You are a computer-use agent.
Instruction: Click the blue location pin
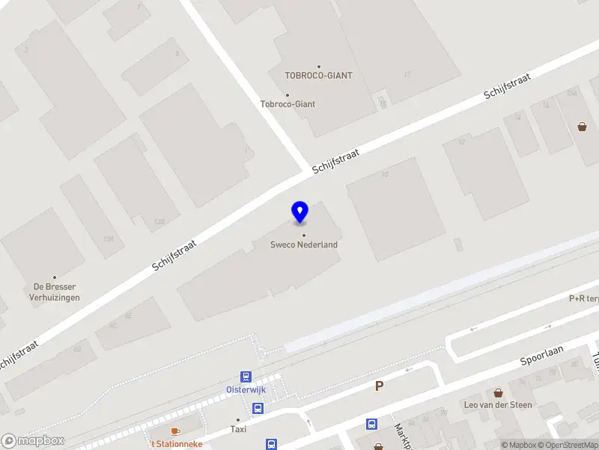(299, 211)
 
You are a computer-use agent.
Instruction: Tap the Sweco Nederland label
(304, 244)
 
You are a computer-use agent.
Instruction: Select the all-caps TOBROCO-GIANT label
(318, 75)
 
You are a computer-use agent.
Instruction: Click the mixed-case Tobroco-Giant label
(288, 103)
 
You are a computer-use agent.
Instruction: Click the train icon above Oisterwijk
(246, 376)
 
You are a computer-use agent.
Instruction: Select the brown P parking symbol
(379, 386)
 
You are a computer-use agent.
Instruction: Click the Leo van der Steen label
(499, 405)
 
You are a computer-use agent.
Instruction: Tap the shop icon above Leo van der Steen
(498, 392)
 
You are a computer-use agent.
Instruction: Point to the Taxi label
(238, 429)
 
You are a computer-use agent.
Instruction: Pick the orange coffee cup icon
(175, 431)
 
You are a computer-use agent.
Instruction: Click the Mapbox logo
(32, 440)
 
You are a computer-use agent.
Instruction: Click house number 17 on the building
(407, 74)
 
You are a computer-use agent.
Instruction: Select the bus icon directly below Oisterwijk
(258, 409)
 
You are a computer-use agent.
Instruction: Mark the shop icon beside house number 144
(582, 127)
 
